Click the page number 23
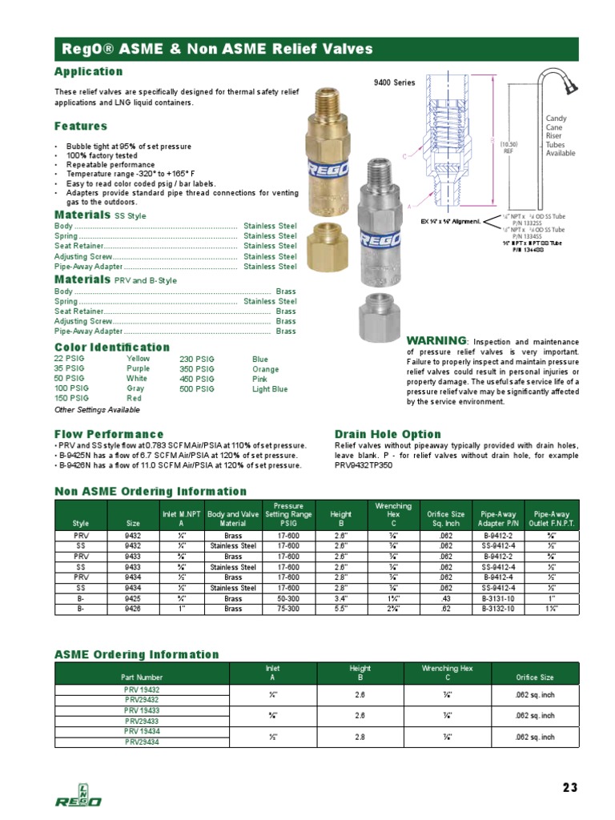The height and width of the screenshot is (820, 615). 569,787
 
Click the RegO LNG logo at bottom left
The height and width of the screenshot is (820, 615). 78,794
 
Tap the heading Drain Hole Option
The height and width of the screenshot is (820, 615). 388,434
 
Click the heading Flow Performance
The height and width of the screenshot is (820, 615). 109,434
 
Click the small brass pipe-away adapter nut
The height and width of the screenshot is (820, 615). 329,239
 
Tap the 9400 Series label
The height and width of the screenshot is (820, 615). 395,83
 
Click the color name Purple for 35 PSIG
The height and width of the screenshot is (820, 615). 138,369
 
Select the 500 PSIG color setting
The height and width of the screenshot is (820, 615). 196,388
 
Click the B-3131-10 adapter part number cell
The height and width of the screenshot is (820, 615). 493,598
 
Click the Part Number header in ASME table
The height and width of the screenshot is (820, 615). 142,678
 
